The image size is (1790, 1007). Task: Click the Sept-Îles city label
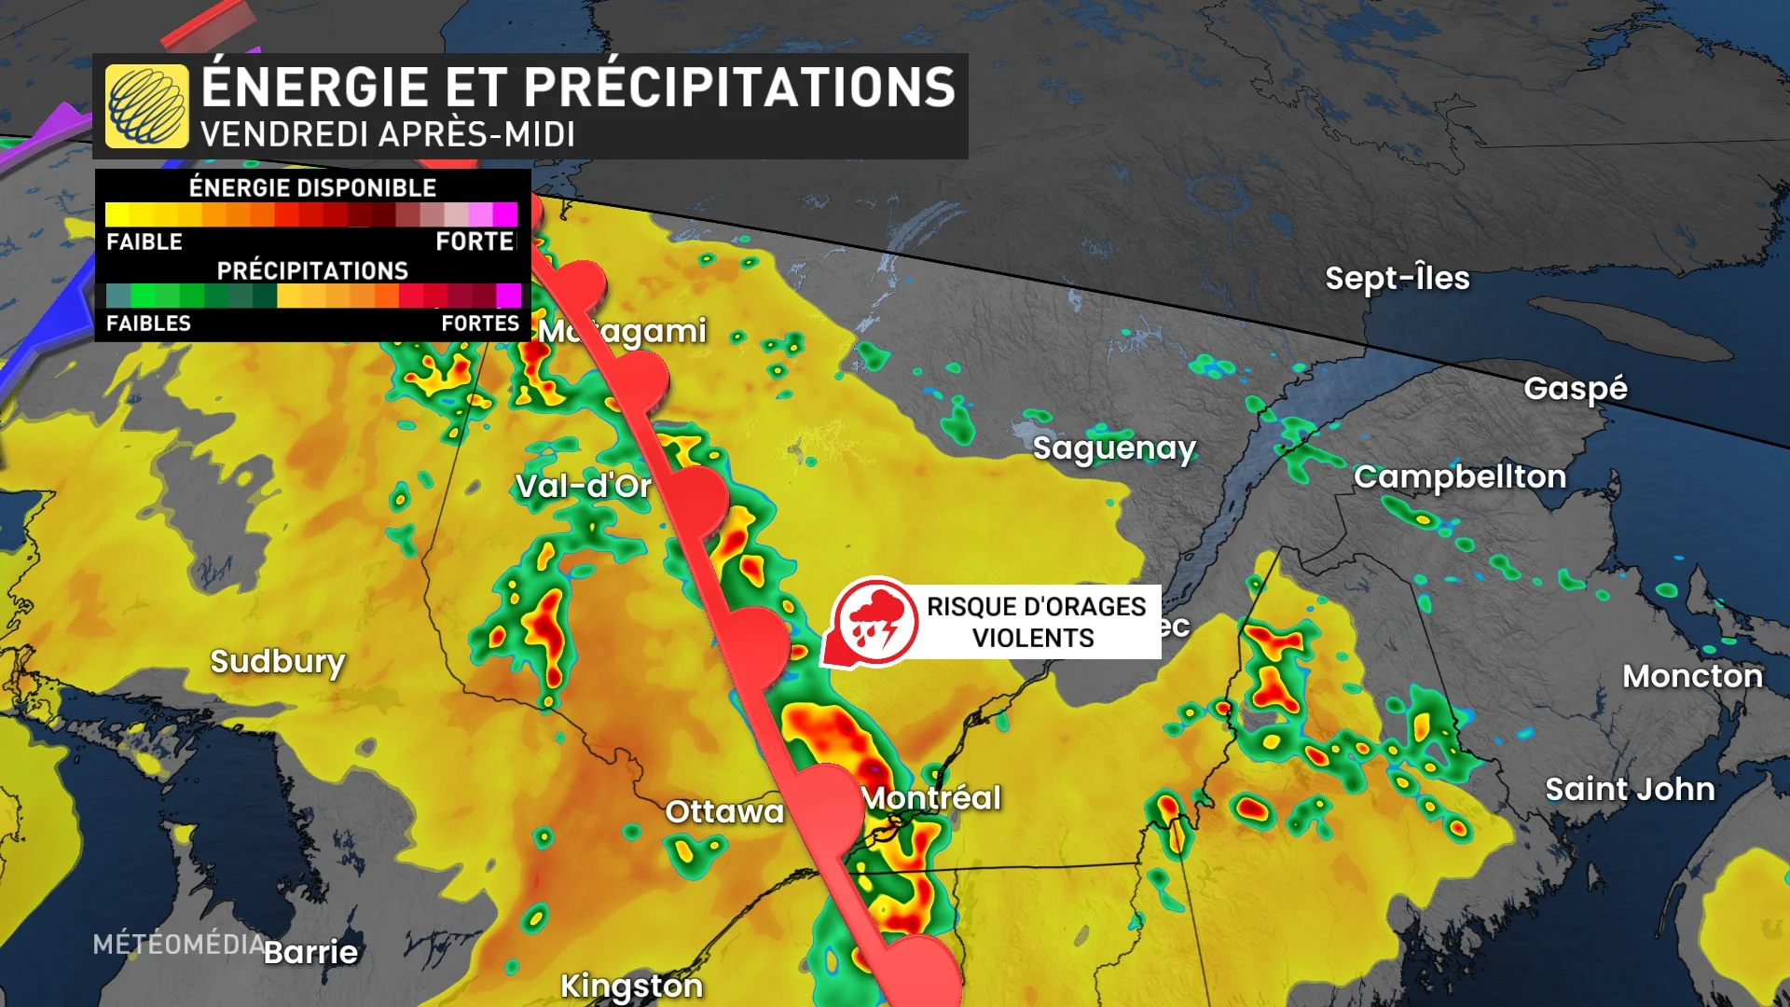pos(1397,278)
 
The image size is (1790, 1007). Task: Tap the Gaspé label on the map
pos(1576,388)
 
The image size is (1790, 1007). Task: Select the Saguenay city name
pos(1114,448)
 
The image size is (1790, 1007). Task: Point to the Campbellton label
pos(1460,476)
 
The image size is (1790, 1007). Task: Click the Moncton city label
pos(1692,676)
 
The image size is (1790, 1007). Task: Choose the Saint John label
pos(1630,790)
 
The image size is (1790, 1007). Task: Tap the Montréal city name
pos(931,798)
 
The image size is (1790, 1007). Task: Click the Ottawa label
pos(724,811)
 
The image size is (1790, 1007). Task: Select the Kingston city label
pos(631,986)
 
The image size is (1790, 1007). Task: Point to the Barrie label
pos(311,952)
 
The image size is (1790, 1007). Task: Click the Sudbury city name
pos(278,661)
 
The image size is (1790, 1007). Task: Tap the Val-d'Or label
pos(584,486)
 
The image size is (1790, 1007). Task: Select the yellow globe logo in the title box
pos(146,106)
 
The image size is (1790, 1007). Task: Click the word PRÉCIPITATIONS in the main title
pos(739,88)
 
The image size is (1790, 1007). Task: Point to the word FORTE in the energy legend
pos(475,241)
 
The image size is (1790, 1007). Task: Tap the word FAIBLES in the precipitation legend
pos(148,324)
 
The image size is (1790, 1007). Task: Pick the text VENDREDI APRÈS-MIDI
pos(387,135)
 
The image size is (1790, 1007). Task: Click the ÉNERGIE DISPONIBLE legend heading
pos(312,187)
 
